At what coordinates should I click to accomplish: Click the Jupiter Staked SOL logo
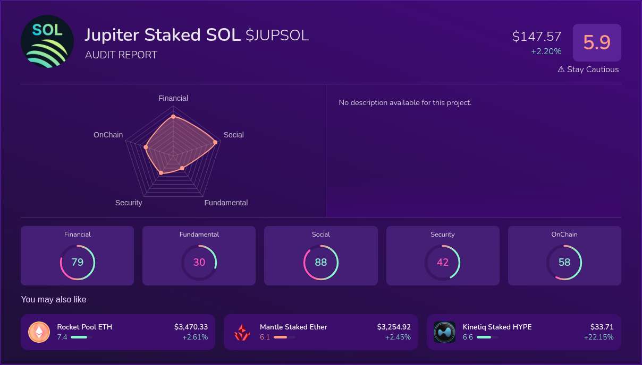point(47,41)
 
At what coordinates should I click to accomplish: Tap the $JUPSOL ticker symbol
point(277,36)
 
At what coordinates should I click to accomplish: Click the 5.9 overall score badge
point(597,42)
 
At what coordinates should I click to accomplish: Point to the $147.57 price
point(537,37)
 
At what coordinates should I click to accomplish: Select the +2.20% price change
point(546,51)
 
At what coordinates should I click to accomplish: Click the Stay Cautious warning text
point(588,69)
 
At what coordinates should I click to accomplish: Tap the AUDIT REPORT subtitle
point(121,55)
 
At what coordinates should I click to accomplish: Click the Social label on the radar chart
point(233,135)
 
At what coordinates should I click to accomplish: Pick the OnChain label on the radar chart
point(108,135)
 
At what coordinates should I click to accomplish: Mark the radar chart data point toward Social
point(215,142)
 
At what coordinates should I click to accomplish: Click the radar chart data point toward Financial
point(173,116)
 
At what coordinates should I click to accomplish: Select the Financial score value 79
point(78,262)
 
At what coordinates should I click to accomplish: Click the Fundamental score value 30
point(199,262)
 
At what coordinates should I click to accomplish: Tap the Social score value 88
point(321,262)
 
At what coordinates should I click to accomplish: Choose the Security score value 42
point(443,262)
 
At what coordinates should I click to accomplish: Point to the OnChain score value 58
point(564,262)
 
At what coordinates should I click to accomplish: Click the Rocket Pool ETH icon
point(39,332)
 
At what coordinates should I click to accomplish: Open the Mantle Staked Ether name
point(293,327)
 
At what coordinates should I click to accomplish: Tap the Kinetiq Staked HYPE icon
point(444,332)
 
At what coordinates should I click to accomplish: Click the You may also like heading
point(54,300)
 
